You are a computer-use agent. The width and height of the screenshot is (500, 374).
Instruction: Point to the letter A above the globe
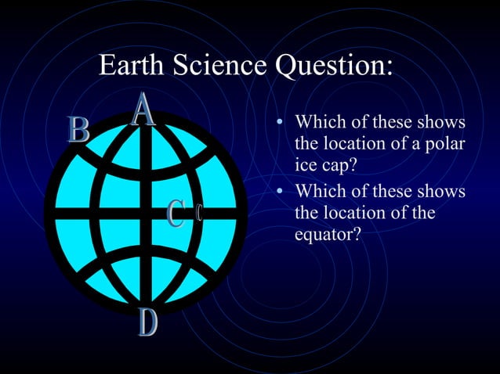tap(143, 110)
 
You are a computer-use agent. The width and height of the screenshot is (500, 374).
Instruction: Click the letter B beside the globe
tap(78, 130)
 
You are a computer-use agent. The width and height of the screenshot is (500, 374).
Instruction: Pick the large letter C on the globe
tap(177, 214)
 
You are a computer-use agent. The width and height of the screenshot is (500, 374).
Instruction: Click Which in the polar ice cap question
tap(318, 124)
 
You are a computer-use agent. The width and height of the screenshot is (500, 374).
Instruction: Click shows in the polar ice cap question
tap(440, 124)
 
